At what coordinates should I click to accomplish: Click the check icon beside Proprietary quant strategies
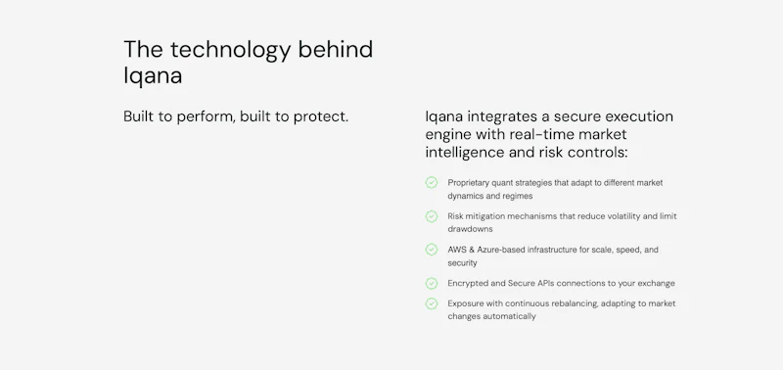431,182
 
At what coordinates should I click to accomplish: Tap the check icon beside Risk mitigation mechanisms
431,215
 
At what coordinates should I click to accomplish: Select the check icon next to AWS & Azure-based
431,250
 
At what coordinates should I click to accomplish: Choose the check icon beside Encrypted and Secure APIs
431,283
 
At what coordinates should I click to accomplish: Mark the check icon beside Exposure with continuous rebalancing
431,303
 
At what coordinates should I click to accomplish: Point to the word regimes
515,196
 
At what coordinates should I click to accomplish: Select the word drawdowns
470,229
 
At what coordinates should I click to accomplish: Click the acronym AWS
458,250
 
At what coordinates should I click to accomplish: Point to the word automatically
509,316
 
